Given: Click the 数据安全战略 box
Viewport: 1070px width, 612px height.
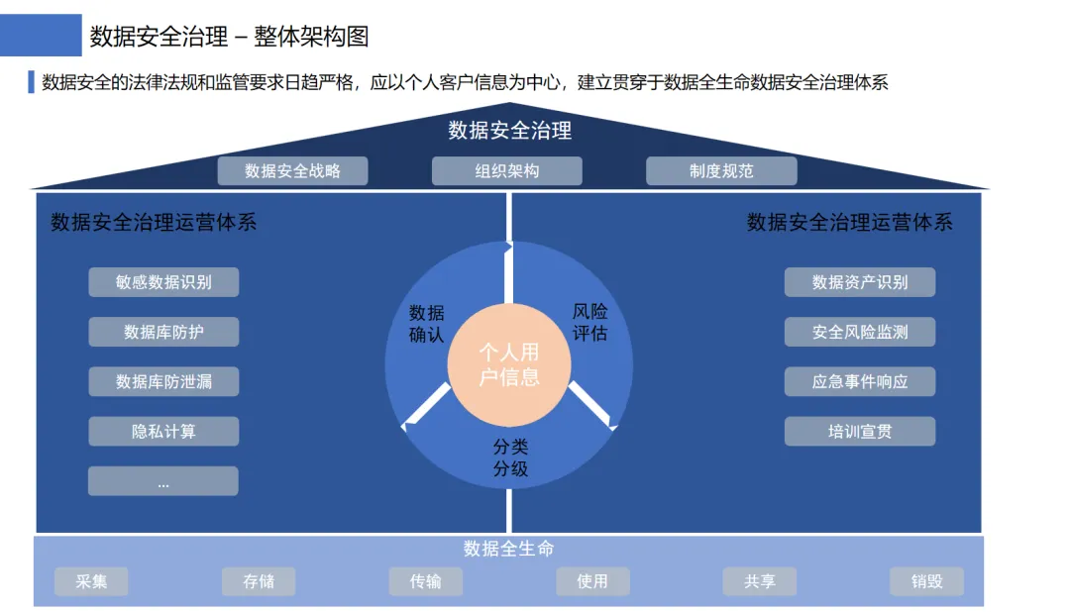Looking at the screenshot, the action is coord(292,170).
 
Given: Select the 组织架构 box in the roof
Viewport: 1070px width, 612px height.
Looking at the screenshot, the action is coord(506,170).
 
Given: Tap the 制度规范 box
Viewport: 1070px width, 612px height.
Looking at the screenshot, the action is coord(721,170).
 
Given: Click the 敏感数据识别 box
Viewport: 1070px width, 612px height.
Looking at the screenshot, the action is coord(163,282).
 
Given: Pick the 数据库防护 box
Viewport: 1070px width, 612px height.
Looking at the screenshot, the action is coord(163,332).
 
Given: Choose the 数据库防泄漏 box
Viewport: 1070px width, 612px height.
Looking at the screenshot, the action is coord(163,381).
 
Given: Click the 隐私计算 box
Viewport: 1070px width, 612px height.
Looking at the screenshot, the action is coord(163,431).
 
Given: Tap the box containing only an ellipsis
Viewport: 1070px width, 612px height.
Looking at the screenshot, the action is coord(163,481).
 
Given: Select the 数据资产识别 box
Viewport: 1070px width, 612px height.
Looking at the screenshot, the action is coord(860,282).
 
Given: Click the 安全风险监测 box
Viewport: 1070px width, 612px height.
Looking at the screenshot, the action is coord(860,332).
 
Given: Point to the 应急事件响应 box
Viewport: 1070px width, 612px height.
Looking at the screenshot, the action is coord(860,381).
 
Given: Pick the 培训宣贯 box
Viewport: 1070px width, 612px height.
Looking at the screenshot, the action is coord(860,431).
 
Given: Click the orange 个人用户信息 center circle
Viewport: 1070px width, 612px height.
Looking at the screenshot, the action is coord(509,364).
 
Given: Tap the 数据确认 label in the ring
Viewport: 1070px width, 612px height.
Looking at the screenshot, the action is coord(427,324).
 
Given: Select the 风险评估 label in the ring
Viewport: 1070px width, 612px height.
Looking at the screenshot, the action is coord(590,322).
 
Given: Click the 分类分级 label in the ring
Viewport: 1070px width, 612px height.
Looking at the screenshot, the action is coord(510,458).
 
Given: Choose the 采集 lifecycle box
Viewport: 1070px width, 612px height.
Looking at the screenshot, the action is coord(91,581).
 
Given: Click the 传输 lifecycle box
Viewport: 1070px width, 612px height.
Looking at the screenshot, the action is coord(426,581).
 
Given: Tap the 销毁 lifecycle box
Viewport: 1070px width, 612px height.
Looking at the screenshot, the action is coord(926,581).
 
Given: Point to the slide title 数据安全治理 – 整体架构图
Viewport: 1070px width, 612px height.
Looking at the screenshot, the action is coord(229,37).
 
